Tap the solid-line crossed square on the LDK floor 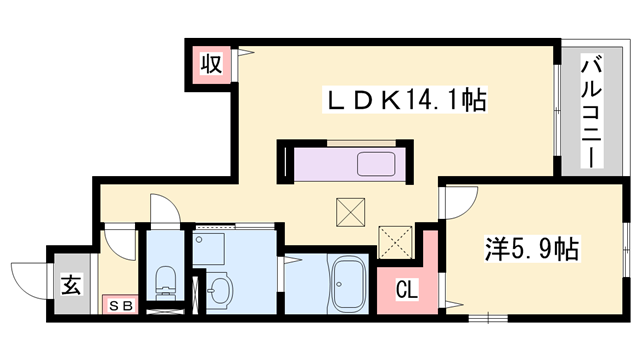coord(350,211)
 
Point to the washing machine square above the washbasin coord(211,246)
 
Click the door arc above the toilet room coord(163,208)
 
